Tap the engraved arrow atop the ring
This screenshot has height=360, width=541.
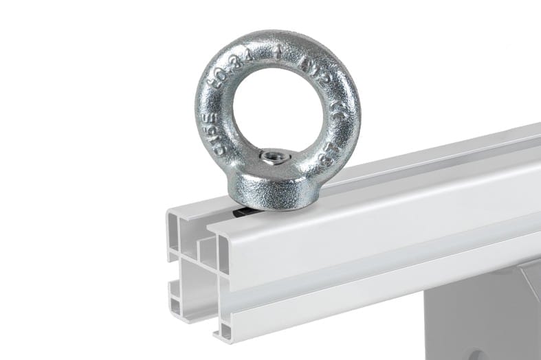click(278, 51)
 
